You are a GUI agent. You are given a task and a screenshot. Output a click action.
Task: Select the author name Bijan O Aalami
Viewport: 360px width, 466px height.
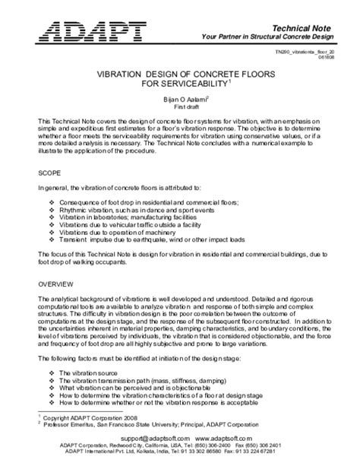click(178, 99)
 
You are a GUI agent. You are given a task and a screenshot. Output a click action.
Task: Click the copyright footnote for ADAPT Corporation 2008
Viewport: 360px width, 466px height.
click(88, 418)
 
